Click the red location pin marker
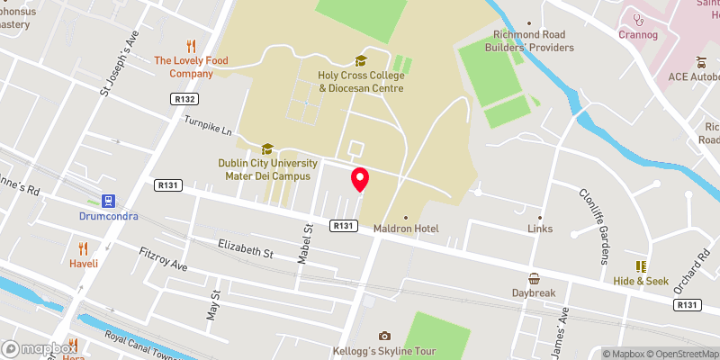tap(360, 179)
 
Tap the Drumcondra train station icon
tap(108, 200)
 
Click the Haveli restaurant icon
tap(84, 247)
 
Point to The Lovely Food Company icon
tap(191, 45)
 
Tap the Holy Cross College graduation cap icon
tap(361, 60)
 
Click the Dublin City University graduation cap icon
tap(266, 148)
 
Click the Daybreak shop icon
tap(535, 278)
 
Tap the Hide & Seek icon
tap(641, 266)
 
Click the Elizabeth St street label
tap(246, 249)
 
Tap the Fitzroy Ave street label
tap(163, 261)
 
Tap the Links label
tap(540, 229)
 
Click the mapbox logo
tap(40, 348)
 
